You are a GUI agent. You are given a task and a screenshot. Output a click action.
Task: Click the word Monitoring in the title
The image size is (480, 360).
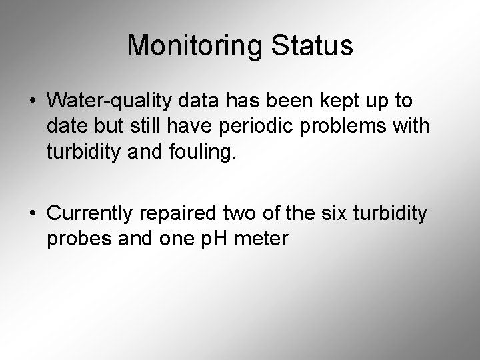(x=189, y=46)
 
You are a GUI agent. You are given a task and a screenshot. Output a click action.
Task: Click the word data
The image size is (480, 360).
(x=202, y=101)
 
